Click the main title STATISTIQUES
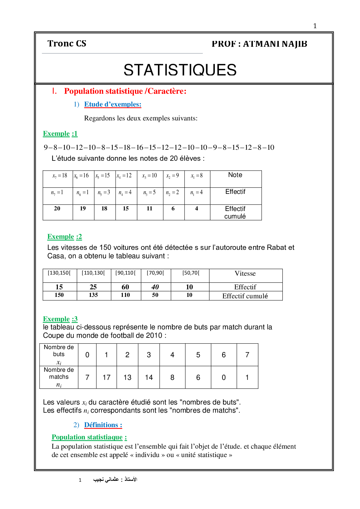[x=180, y=70]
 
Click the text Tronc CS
[x=67, y=44]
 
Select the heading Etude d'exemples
[x=113, y=104]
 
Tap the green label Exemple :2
[x=64, y=237]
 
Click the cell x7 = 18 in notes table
[x=60, y=176]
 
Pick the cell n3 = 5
[x=150, y=192]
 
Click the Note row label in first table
[x=235, y=175]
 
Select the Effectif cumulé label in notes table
[x=235, y=212]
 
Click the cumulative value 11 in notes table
[x=150, y=208]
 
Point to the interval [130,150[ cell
[x=59, y=273]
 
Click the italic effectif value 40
[x=155, y=287]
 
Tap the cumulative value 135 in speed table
[x=93, y=295]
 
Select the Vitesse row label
[x=245, y=274]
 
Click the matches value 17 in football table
[x=106, y=377]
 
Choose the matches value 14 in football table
[x=149, y=377]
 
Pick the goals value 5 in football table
[x=198, y=355]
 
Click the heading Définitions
[x=103, y=425]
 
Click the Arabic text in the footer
[x=115, y=479]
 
